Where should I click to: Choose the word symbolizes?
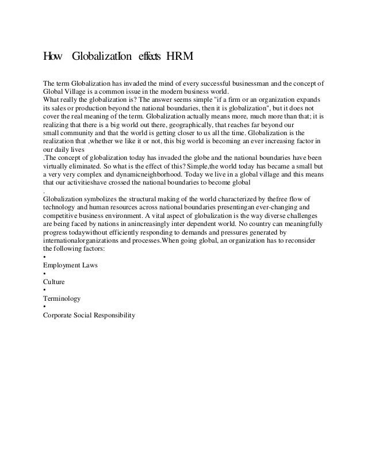click(104, 197)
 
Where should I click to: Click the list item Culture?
click(53, 283)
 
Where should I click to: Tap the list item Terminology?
click(62, 299)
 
